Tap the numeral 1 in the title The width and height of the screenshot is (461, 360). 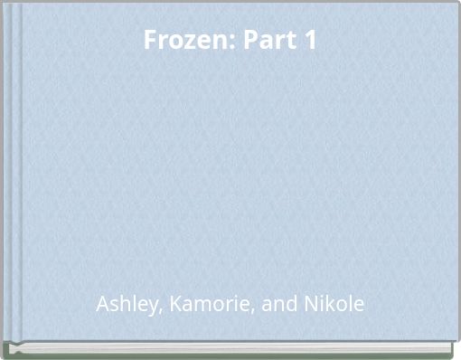pyautogui.click(x=309, y=41)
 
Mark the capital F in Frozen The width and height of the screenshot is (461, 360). pyautogui.click(x=150, y=41)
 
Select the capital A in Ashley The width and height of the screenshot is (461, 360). pyautogui.click(x=102, y=304)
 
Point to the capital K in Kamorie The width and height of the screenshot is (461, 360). pyautogui.click(x=175, y=304)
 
